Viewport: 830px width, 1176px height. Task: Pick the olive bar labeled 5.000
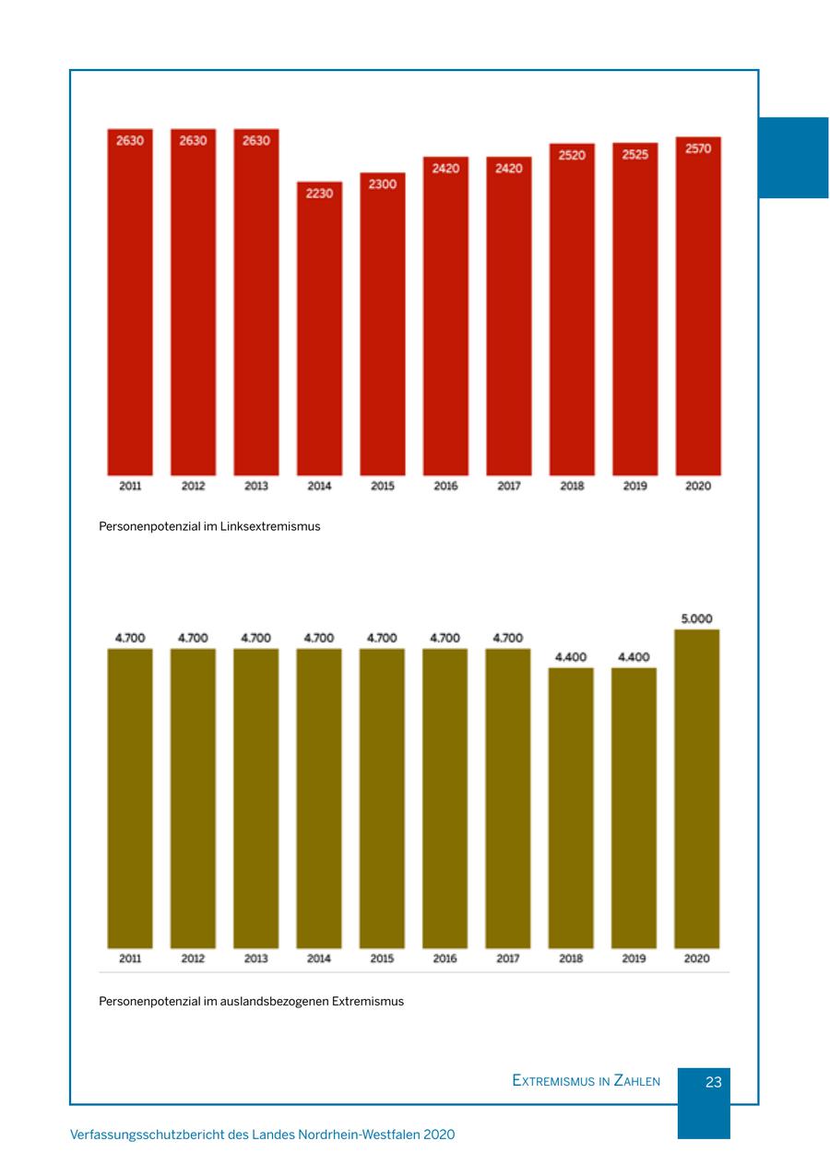point(697,788)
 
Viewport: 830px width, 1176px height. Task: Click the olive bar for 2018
point(571,806)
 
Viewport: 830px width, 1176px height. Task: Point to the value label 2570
point(698,148)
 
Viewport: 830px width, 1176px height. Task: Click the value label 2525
point(634,155)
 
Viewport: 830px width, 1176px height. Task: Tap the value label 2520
point(572,155)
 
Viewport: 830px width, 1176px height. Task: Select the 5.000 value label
point(697,619)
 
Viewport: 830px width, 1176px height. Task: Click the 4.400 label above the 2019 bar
point(634,657)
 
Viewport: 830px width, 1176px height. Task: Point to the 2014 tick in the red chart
point(319,486)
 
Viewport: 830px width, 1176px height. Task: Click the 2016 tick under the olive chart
point(445,958)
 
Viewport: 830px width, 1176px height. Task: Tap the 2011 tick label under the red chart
point(130,486)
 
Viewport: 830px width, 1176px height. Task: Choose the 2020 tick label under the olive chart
point(697,958)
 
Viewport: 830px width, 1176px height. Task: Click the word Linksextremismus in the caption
point(270,527)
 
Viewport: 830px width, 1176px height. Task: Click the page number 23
point(713,1082)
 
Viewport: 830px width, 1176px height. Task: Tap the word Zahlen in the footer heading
point(637,1081)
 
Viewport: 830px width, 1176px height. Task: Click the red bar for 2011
point(130,304)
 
